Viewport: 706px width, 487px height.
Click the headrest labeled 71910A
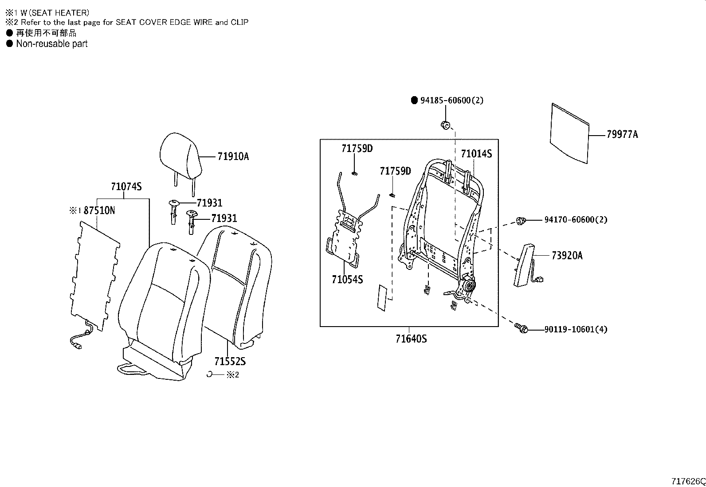click(x=180, y=156)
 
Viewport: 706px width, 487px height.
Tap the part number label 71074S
click(x=126, y=187)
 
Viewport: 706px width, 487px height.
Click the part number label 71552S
click(x=230, y=361)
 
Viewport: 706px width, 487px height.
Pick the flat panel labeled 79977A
click(x=570, y=132)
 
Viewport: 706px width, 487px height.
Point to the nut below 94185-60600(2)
click(x=446, y=125)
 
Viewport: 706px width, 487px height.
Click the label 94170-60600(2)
click(x=576, y=220)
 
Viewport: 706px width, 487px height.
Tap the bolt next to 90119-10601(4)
click(x=522, y=328)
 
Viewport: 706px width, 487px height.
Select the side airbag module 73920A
click(x=524, y=265)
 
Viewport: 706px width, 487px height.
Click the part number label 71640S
click(x=411, y=339)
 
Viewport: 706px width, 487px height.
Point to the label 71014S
click(x=476, y=154)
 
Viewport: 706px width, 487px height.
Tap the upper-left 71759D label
click(x=357, y=148)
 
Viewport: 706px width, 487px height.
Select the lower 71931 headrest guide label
click(x=224, y=218)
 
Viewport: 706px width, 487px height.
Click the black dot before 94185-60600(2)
click(x=414, y=101)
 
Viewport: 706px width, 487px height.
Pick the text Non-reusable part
click(x=51, y=44)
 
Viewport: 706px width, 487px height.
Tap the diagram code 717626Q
click(x=688, y=481)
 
